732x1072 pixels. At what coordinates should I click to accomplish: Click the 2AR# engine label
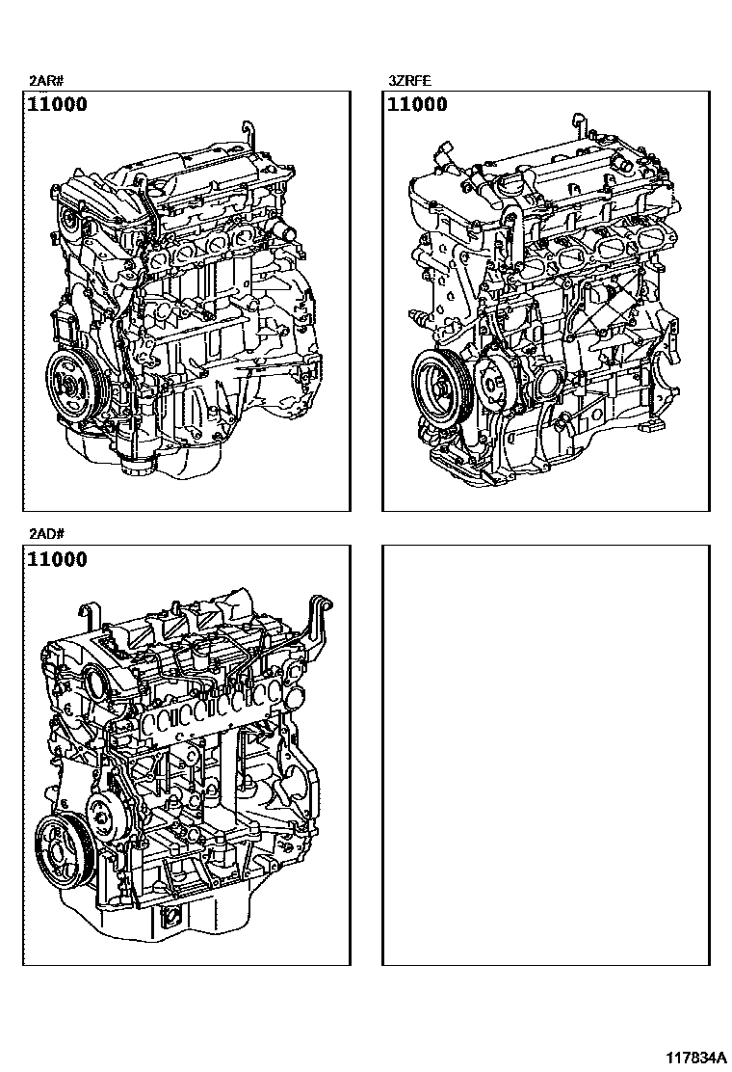click(46, 81)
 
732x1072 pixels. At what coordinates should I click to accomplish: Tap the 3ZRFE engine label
click(409, 81)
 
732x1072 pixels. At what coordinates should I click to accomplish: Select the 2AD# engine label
click(46, 534)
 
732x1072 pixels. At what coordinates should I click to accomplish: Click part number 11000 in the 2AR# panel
click(58, 105)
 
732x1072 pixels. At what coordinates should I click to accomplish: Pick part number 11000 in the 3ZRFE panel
click(417, 105)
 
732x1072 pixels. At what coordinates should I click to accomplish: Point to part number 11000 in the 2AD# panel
click(58, 559)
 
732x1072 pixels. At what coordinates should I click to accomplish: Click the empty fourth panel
click(545, 756)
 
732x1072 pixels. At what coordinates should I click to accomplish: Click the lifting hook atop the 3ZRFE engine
click(578, 125)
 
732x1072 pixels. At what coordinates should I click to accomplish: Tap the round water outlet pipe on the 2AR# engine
click(283, 230)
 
